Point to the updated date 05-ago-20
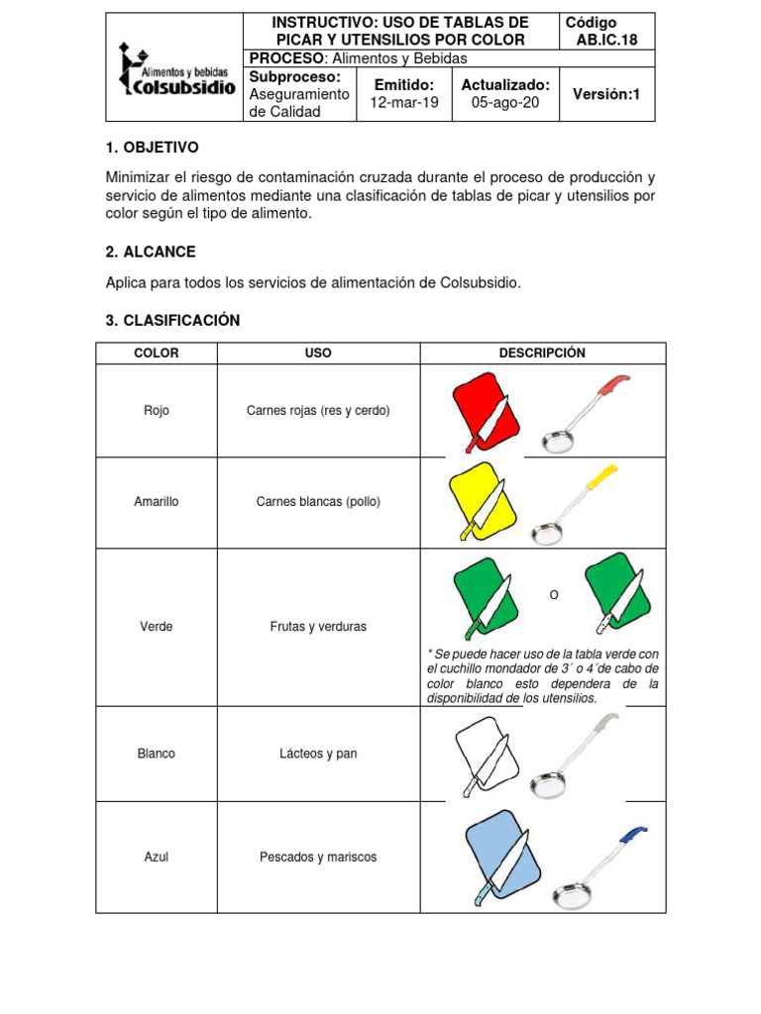(x=505, y=103)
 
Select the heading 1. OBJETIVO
(x=152, y=148)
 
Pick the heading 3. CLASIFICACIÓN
(x=172, y=321)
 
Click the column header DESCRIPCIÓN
(x=542, y=354)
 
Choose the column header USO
(x=319, y=354)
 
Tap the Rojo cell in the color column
(x=157, y=410)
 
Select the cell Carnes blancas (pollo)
(x=318, y=502)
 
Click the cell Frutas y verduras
(x=318, y=627)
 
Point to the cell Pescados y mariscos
(x=318, y=857)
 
